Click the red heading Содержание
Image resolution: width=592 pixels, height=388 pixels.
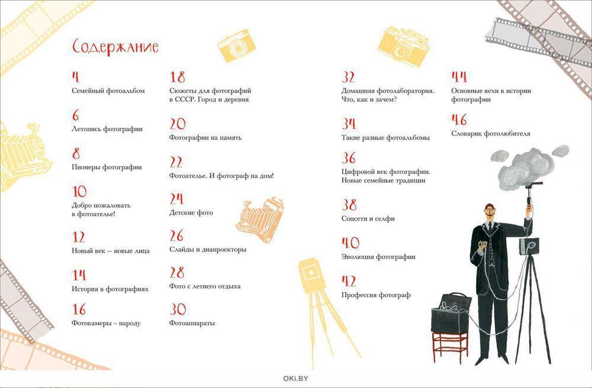tap(115, 47)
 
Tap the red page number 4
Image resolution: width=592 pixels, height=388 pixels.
tap(76, 77)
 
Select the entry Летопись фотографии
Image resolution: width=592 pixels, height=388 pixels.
tap(107, 129)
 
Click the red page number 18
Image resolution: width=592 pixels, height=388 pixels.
tap(178, 77)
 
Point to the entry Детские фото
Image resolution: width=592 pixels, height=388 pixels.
tap(191, 213)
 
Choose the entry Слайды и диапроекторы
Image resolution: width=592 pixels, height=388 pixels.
tap(208, 250)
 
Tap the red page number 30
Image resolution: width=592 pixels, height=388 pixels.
tap(178, 309)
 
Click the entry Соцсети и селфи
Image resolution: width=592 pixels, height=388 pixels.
tap(368, 218)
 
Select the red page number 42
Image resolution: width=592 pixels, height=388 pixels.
tap(349, 281)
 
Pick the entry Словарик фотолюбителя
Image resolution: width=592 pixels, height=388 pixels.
tap(490, 134)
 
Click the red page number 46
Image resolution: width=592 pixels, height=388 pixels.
tap(459, 119)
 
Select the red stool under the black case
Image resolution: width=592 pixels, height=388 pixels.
tap(451, 348)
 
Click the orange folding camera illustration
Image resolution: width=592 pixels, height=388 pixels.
tap(260, 219)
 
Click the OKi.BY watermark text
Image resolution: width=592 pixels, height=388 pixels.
tap(295, 379)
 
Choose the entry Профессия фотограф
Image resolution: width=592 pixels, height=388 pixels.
tap(376, 295)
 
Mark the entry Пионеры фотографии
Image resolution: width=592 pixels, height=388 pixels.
tap(107, 167)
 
